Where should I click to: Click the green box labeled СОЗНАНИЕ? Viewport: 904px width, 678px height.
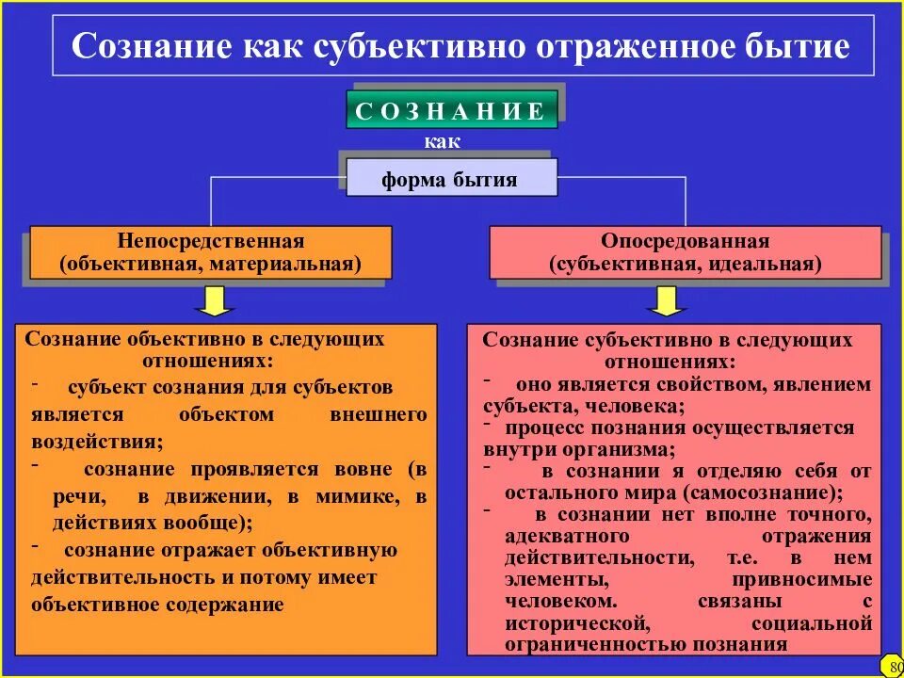451,111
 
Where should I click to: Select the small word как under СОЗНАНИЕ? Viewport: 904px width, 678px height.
443,142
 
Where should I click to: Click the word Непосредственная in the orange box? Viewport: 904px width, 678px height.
210,242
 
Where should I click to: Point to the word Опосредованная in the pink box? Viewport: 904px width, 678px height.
686,242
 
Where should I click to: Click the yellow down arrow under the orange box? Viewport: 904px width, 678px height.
216,300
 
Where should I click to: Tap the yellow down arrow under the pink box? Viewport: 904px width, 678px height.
668,300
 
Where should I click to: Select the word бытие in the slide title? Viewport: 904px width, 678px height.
799,47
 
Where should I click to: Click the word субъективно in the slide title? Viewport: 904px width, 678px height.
421,47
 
